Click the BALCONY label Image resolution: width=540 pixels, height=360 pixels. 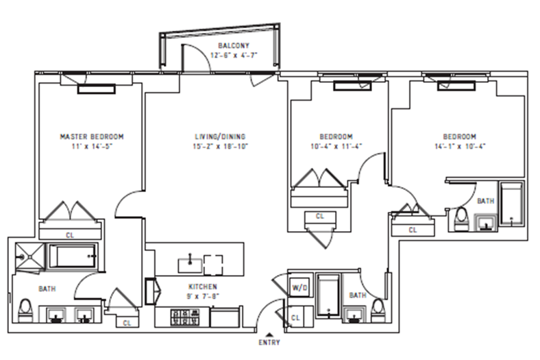(x=234, y=45)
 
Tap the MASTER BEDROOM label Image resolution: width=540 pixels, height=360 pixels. (x=92, y=136)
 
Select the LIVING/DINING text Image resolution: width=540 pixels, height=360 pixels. (x=220, y=136)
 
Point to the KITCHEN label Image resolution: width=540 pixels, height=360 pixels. (x=203, y=287)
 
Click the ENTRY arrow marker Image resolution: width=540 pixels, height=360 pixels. (x=269, y=334)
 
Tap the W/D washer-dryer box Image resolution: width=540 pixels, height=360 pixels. (x=300, y=287)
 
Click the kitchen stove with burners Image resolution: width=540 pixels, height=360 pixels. (x=185, y=317)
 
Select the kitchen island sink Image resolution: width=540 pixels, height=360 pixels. (x=190, y=265)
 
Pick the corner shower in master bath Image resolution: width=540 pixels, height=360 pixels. (x=30, y=256)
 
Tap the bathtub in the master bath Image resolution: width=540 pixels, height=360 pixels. (x=73, y=256)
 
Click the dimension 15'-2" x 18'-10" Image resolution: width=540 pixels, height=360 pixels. (x=221, y=147)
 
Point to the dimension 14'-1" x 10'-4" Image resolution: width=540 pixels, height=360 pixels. (x=460, y=147)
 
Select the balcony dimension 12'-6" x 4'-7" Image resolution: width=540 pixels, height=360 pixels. (x=234, y=55)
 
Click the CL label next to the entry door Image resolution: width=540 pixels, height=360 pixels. (x=295, y=317)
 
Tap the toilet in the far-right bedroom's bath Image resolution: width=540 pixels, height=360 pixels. (x=462, y=219)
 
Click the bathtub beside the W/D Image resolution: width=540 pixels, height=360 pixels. (x=328, y=295)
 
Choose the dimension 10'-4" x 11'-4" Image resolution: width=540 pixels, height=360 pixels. (x=336, y=147)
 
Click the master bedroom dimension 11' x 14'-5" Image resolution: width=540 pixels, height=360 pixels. (x=92, y=147)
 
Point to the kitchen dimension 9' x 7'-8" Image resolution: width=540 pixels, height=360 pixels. (x=204, y=296)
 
